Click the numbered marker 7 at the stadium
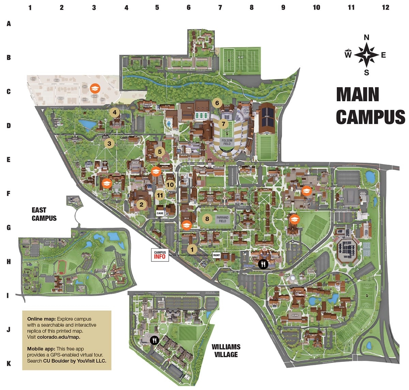coord(224,124)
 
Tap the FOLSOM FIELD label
coord(227,142)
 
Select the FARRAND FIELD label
coord(223,219)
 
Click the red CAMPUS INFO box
coord(160,255)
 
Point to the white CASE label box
coord(160,213)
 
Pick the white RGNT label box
coord(216,255)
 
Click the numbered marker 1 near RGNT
coord(192,249)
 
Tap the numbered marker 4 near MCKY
coord(115,112)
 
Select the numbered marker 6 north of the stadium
coord(217,103)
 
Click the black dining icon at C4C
coord(263,264)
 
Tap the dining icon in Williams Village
coord(155,340)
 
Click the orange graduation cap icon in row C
coord(95,88)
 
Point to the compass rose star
coord(366,55)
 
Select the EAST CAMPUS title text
coord(44,214)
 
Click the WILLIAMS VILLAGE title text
coord(226,350)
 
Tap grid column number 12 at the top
coord(385,7)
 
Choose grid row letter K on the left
coord(9,364)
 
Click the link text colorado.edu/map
coord(59,337)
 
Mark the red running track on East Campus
coord(62,267)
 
